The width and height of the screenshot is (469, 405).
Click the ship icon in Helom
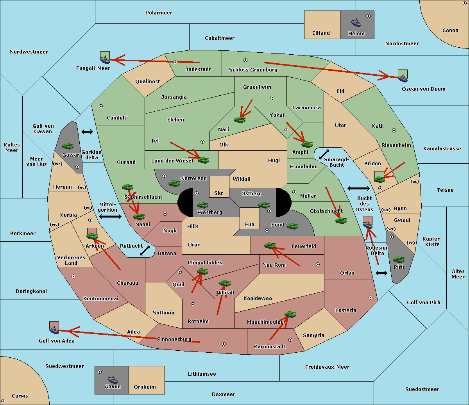coord(356,23)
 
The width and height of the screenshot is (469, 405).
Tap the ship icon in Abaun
coord(113,380)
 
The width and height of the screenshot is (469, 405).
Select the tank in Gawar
coord(68,146)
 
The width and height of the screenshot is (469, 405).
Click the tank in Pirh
coord(399,260)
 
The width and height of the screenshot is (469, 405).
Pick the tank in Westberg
coord(202,205)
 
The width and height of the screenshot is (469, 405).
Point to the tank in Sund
coord(292,226)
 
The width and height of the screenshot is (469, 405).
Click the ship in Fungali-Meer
coord(105,59)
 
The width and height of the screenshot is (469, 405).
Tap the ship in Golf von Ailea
coord(54,330)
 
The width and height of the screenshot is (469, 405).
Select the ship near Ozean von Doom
coord(403,78)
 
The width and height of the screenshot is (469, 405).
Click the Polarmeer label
coord(159,13)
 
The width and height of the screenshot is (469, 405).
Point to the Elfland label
coord(321,33)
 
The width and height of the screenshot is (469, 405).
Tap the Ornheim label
coord(145,387)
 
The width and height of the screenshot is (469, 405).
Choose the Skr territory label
coord(219,193)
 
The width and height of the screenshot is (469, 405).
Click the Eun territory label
coord(250,224)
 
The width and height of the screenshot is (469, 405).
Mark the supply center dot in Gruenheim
coord(272,98)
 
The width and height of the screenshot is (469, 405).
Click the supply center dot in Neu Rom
coord(318,264)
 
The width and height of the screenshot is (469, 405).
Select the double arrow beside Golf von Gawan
coord(87,132)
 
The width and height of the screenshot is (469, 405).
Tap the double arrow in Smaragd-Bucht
coord(324,154)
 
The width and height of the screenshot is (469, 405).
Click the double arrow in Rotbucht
coord(145,250)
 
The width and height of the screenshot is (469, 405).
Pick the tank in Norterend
coord(174,184)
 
